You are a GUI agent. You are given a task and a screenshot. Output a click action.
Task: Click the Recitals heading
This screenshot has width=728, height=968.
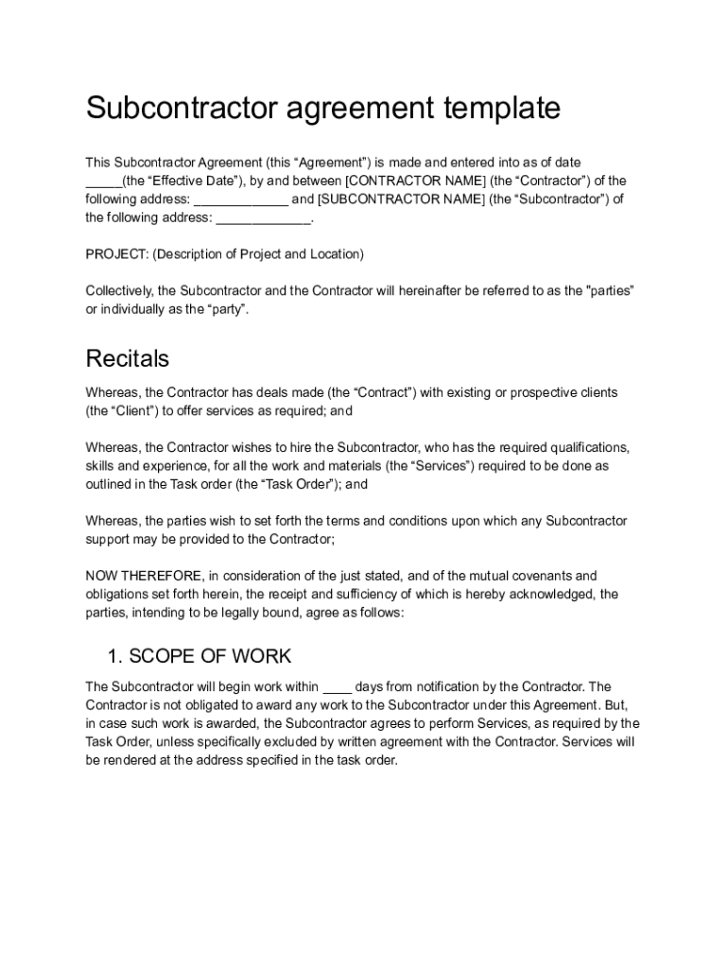click(128, 359)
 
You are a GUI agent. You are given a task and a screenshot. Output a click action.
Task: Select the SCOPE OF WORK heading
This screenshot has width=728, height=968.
click(210, 656)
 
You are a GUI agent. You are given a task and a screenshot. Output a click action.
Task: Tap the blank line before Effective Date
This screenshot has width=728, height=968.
click(103, 181)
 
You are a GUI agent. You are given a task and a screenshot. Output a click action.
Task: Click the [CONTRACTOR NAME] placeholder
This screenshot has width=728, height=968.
click(417, 181)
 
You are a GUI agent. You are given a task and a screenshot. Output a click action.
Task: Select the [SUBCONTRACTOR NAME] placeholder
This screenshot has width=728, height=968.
click(401, 199)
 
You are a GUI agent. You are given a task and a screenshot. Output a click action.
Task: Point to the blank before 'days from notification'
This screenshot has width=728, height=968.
click(338, 687)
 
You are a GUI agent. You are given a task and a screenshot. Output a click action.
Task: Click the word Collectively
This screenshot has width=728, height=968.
click(119, 290)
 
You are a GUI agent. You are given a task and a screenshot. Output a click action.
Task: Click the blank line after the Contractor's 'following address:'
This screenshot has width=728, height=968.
click(241, 200)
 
